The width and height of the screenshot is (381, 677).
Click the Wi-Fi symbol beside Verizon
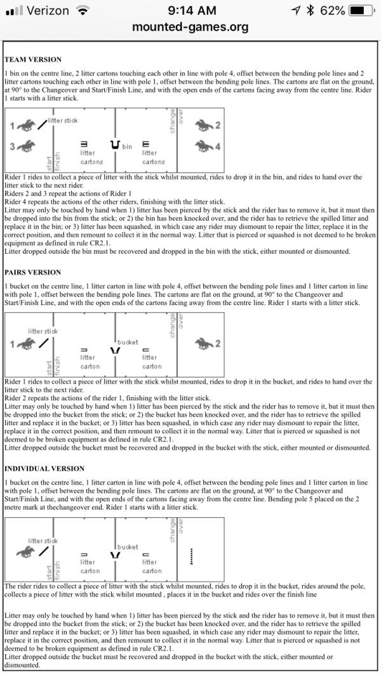coord(82,11)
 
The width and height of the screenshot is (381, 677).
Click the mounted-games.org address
coord(190,28)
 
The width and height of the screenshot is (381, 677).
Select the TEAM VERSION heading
coord(33,59)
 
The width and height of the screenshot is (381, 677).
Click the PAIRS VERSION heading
coord(33,272)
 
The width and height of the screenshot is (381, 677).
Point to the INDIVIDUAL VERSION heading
coord(44,468)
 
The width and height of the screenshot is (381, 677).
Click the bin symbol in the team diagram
coord(115,145)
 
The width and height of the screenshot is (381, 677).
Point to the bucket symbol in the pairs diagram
coord(115,350)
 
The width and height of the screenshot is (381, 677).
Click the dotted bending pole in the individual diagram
coord(191,556)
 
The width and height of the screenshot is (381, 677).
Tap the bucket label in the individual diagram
coord(128,546)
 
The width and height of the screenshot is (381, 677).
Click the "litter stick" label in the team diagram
coord(62,121)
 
